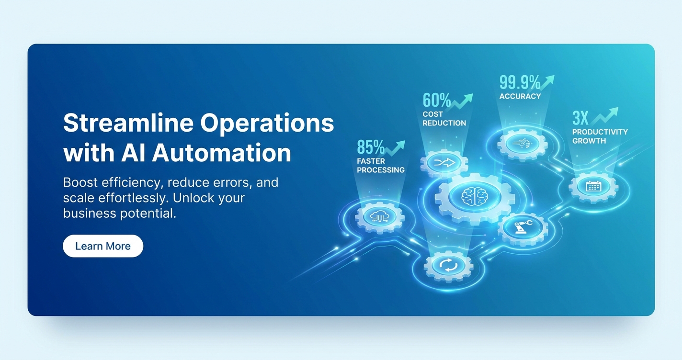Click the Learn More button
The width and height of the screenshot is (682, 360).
click(x=103, y=246)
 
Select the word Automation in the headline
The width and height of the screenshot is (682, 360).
click(x=221, y=153)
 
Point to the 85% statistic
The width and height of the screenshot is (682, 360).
click(x=370, y=147)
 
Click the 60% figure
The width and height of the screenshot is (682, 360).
click(x=437, y=100)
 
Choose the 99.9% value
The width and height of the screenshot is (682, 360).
click(x=520, y=82)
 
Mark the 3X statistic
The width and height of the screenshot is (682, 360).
click(x=580, y=118)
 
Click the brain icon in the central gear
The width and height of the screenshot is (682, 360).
click(x=475, y=196)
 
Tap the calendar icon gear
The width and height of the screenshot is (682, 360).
click(x=593, y=187)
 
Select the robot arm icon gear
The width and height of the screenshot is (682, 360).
click(x=523, y=228)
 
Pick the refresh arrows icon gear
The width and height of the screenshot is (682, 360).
click(x=448, y=266)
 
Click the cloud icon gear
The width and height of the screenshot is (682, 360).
click(x=380, y=217)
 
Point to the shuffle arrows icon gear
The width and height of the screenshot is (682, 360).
click(x=444, y=163)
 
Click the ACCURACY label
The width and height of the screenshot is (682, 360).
click(x=520, y=97)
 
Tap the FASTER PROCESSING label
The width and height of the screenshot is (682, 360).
click(x=381, y=166)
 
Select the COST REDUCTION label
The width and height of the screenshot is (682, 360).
click(x=444, y=119)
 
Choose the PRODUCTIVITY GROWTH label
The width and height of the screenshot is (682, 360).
click(x=600, y=136)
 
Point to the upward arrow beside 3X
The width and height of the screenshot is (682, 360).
click(x=605, y=116)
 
